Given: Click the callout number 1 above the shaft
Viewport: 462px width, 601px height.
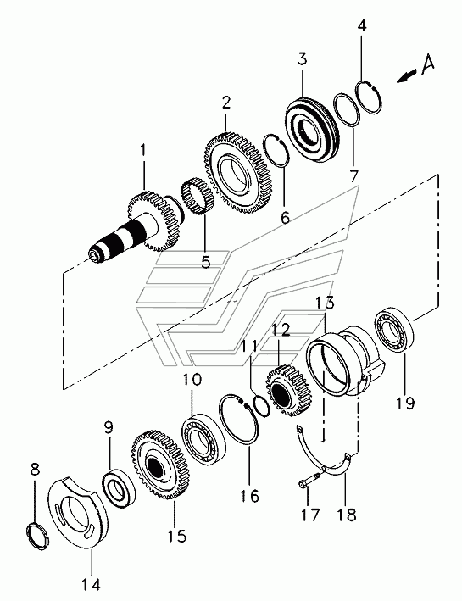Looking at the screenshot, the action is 142,150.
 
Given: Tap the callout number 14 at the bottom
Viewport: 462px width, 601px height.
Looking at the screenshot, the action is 92,585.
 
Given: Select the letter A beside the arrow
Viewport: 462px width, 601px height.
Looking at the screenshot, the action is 427,64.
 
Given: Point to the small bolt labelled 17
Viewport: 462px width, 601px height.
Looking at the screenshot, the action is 309,481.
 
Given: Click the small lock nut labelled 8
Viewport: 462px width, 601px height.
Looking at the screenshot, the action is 39,537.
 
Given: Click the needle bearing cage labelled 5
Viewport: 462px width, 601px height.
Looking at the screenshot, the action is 197,197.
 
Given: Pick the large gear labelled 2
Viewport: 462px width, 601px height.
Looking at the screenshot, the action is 237,171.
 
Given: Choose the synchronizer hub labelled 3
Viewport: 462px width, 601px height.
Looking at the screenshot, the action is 312,129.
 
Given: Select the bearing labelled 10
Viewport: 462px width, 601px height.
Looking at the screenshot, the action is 203,440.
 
